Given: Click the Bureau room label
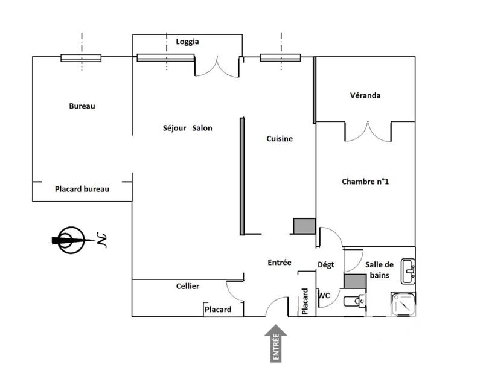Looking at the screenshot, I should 82,106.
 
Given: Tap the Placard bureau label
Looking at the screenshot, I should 82,189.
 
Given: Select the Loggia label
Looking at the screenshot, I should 187,42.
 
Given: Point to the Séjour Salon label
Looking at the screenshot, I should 187,128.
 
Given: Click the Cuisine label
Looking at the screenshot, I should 280,139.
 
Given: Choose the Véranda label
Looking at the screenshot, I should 365,95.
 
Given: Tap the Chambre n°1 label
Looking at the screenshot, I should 365,181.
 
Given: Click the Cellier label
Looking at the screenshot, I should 188,286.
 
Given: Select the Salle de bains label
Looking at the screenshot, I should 379,270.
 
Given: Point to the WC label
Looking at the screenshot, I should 324,295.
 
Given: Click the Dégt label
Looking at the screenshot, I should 325,264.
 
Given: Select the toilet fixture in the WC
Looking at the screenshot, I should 353,301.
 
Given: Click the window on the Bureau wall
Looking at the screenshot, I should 81,58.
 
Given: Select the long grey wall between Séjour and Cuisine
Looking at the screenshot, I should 242,176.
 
